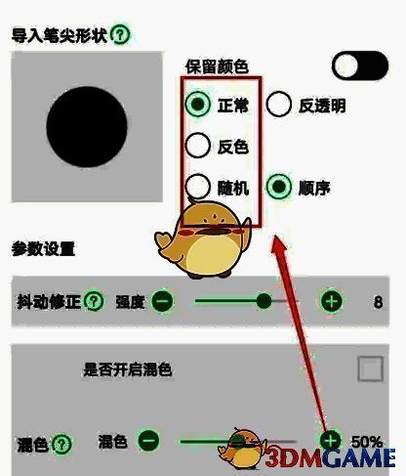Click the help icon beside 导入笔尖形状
pos(120,34)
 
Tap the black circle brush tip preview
pos(87,127)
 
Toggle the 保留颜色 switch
pos(360,65)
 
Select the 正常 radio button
pos(198,104)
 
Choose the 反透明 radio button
pos(278,105)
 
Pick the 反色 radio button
pos(197,146)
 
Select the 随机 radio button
pos(197,187)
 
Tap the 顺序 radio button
pos(279,187)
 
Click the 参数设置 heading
pos(43,249)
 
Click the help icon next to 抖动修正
pos(94,301)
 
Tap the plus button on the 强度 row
pos(331,301)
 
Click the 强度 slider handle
pos(264,301)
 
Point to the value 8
pos(378,302)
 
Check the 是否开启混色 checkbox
pos(370,368)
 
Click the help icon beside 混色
pos(61,445)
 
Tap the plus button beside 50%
pos(331,441)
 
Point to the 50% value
pos(367,442)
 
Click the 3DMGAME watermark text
pos(330,458)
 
